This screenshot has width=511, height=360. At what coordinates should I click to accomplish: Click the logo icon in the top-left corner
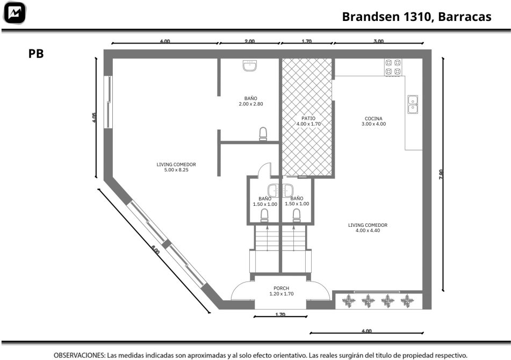click(15, 13)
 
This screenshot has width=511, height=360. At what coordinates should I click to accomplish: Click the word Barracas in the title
click(464, 17)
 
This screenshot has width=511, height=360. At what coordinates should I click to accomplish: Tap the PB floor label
click(36, 54)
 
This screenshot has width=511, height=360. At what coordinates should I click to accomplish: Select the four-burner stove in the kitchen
click(393, 68)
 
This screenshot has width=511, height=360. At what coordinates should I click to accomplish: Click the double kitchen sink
click(413, 104)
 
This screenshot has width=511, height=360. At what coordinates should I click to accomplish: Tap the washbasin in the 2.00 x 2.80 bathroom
click(250, 66)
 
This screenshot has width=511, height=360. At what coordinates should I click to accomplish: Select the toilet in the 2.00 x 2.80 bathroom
click(263, 134)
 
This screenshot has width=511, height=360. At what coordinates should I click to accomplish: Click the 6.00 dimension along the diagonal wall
click(155, 251)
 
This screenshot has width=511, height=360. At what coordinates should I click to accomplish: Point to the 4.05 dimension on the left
click(95, 117)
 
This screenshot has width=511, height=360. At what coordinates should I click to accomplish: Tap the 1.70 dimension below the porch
click(280, 315)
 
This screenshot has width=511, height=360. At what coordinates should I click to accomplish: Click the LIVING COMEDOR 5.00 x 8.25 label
click(176, 167)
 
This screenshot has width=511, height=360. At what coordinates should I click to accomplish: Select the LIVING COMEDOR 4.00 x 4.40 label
click(368, 228)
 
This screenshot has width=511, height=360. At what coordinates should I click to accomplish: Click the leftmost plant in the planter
click(349, 301)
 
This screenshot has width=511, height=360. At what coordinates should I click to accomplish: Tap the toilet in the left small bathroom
click(264, 215)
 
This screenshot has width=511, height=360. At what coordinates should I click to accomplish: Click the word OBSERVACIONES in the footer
click(79, 355)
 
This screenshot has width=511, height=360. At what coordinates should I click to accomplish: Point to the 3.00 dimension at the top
click(378, 41)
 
